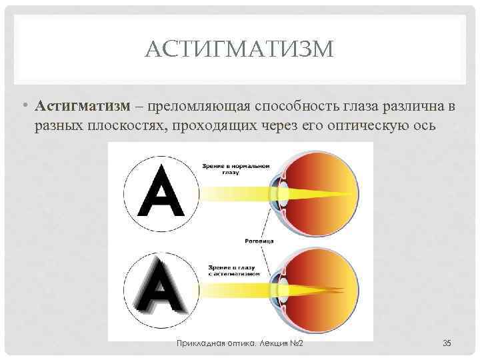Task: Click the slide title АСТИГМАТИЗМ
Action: (x=239, y=49)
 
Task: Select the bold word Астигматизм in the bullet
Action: (x=83, y=106)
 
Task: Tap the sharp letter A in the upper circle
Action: (x=161, y=191)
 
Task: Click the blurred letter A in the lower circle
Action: (x=161, y=287)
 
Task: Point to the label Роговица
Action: (x=259, y=241)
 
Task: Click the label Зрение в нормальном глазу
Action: (x=236, y=169)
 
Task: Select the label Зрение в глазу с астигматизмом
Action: (x=234, y=271)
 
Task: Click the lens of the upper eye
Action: (x=283, y=194)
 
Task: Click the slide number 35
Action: (x=447, y=343)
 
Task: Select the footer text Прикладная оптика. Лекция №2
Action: (x=240, y=343)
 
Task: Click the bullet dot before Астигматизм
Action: (x=26, y=105)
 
